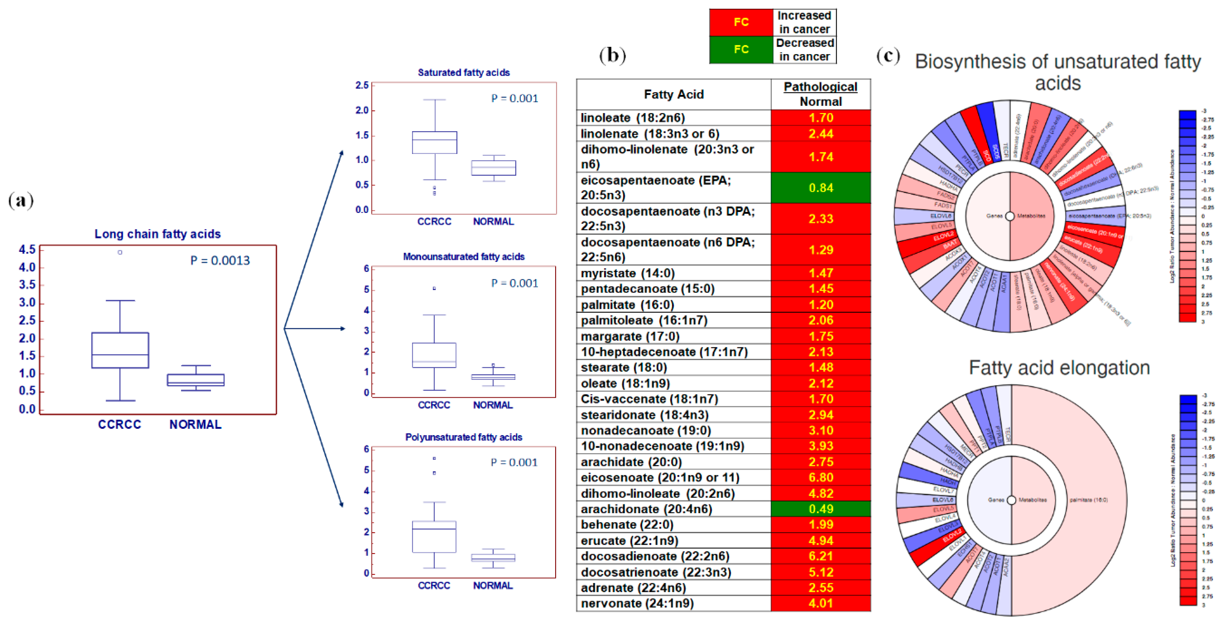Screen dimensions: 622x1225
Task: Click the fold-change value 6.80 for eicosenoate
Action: pos(820,477)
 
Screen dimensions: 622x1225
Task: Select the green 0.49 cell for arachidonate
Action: pos(820,509)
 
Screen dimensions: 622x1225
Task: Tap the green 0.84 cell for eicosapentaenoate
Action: pos(820,188)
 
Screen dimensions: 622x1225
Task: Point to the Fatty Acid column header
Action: pos(673,94)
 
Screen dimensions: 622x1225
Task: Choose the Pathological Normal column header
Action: pos(820,94)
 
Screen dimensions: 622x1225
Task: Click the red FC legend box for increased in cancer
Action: pos(741,22)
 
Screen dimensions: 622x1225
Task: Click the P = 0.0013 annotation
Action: pos(220,261)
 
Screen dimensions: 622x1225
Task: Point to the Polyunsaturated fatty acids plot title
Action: pos(464,437)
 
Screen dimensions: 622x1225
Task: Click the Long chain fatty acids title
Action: pos(158,234)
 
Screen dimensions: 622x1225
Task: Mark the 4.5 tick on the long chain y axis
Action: pos(27,250)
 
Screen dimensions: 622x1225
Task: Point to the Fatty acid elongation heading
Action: pos(1059,368)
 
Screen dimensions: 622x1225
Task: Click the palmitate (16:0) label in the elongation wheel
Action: pos(1088,500)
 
